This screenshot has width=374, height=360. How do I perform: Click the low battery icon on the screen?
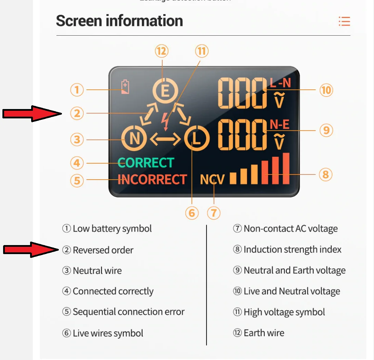pos(125,87)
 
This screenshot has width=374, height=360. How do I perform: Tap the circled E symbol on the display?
pos(165,91)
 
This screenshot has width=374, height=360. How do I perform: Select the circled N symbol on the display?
pos(135,139)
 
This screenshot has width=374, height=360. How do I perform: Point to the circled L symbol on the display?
pos(196,139)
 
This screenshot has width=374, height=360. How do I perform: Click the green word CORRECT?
pos(146,163)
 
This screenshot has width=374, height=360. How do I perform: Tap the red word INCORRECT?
pos(152,180)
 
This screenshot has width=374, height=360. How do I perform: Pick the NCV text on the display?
pos(212,180)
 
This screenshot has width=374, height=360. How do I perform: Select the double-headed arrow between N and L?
pos(165,139)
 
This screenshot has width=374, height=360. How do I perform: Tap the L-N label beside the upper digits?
pos(280,83)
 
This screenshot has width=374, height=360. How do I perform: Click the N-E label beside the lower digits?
pos(280,124)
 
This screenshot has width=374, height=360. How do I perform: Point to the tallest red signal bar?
pos(286,169)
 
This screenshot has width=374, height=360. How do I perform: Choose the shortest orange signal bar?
pos(233,178)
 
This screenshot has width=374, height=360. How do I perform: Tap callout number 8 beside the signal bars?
pos(325,174)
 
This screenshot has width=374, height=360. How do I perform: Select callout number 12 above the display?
pos(162,52)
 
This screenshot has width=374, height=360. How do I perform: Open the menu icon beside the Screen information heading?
pos(344,21)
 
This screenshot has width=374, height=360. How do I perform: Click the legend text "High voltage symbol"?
pos(284,312)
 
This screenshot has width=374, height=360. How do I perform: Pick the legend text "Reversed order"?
pos(103,250)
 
